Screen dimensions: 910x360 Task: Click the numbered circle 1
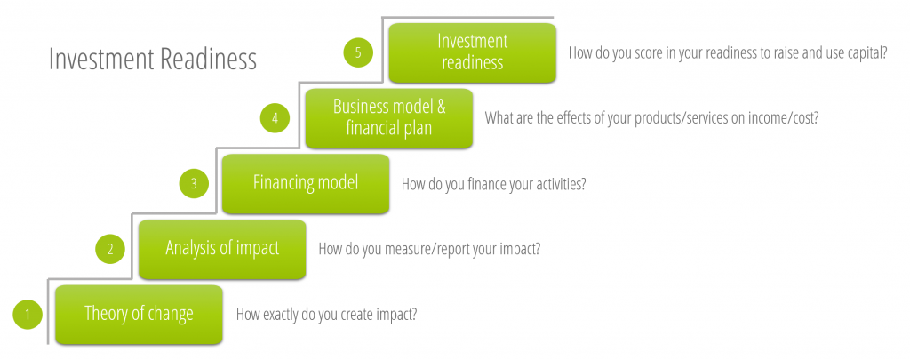(28, 315)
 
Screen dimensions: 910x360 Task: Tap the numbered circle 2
(110, 249)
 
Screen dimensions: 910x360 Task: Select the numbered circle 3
(194, 183)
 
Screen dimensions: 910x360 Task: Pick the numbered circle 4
(275, 118)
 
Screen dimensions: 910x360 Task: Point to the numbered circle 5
(358, 52)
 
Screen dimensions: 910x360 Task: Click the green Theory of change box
(139, 314)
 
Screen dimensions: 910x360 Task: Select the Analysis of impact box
(222, 249)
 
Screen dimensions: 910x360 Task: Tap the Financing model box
(306, 183)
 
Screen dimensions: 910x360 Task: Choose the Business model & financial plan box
(389, 118)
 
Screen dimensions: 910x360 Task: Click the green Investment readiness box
(473, 52)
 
